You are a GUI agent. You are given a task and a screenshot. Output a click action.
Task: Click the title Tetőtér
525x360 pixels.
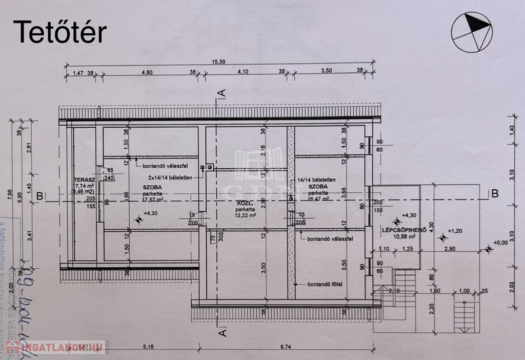click(x=60, y=32)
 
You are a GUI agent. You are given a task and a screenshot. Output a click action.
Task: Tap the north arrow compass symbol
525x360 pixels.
click(x=471, y=32)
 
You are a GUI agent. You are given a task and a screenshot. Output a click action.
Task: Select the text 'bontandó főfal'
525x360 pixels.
click(x=326, y=284)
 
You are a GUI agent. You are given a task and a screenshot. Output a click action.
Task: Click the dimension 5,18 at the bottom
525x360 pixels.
click(x=149, y=347)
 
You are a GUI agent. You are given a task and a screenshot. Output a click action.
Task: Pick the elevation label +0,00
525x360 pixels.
click(x=500, y=243)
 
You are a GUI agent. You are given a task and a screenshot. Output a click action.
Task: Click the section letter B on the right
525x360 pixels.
click(x=494, y=193)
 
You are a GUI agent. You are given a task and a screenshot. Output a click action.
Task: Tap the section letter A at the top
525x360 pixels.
click(x=221, y=93)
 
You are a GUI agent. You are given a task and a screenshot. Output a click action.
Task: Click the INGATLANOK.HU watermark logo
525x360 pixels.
click(x=55, y=347)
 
